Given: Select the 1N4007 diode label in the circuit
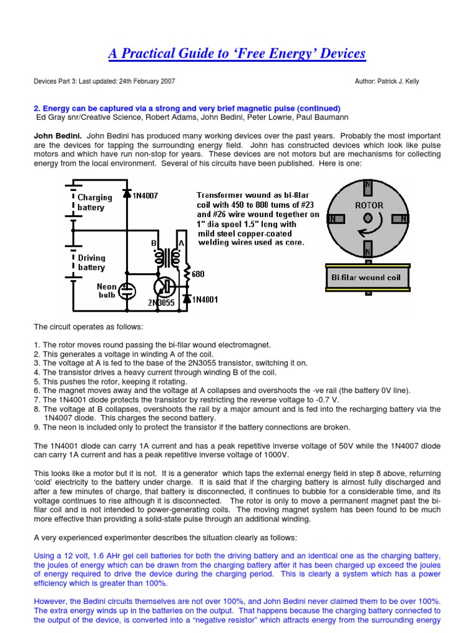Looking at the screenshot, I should (146, 195).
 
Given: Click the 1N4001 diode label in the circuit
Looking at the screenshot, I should (206, 299).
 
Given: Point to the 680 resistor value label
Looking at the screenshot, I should (198, 274).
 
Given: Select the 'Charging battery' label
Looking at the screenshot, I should (95, 203).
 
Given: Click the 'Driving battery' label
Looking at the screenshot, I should (92, 263).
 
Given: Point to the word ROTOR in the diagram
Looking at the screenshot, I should (369, 205).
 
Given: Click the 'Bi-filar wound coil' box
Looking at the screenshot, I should (368, 278).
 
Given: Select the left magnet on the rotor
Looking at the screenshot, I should (333, 219).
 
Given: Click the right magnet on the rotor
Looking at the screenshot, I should (404, 219).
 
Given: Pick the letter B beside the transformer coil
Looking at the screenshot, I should (153, 244).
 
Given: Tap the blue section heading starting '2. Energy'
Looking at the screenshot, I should (187, 108).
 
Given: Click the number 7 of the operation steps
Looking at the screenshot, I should (36, 399).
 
